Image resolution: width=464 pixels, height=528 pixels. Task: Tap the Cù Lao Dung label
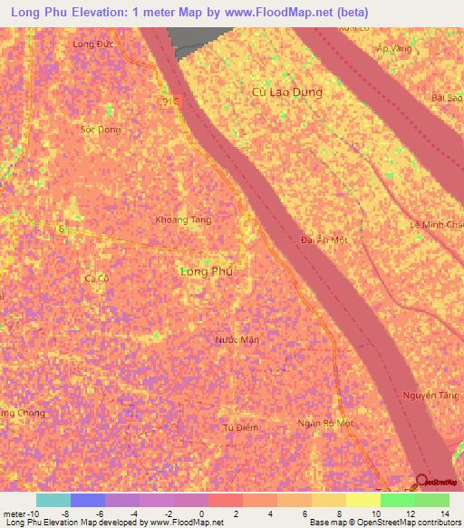point(286,92)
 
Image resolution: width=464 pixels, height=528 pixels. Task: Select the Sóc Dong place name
point(100,130)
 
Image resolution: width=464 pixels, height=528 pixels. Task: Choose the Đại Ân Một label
point(324,240)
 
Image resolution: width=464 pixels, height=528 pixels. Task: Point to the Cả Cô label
point(95,278)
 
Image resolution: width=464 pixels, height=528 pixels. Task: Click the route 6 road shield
point(62,230)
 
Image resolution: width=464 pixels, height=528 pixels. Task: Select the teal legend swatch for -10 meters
point(53,500)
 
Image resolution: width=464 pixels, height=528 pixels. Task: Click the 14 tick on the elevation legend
point(446,514)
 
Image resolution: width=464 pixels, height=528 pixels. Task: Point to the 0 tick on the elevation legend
point(208,514)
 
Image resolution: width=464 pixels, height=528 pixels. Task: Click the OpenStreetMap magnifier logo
point(421,480)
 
